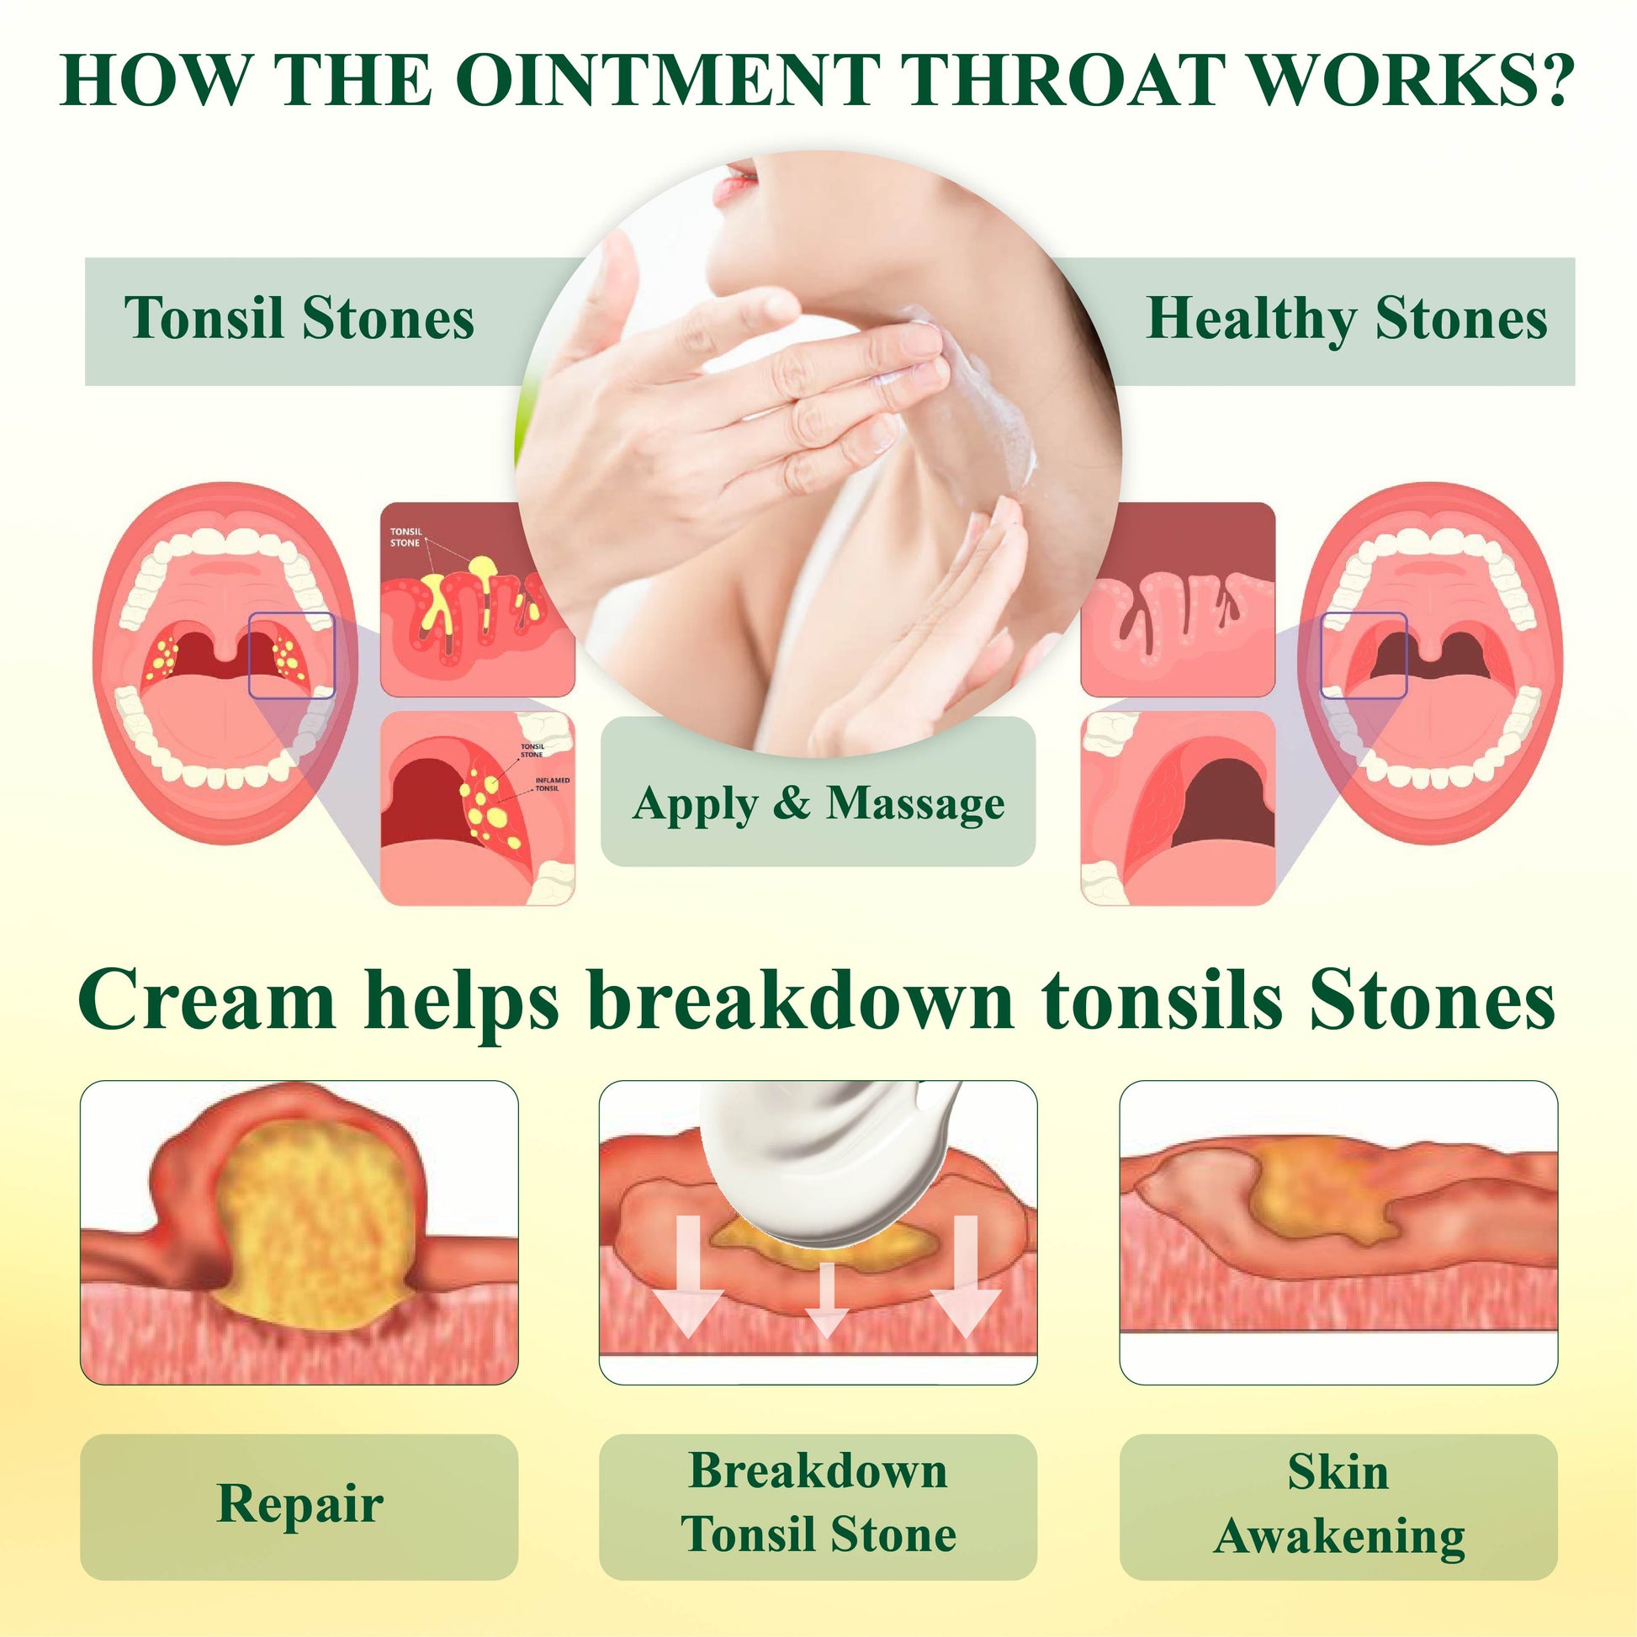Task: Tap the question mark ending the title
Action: pyautogui.click(x=1555, y=82)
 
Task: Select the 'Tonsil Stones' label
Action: pyautogui.click(x=299, y=319)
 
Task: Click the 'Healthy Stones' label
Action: pyautogui.click(x=1347, y=321)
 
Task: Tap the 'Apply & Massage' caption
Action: pyautogui.click(x=818, y=803)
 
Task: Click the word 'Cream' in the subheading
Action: pyautogui.click(x=207, y=1001)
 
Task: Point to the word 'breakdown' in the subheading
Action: pyautogui.click(x=801, y=1001)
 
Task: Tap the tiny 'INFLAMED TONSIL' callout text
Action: pyautogui.click(x=552, y=784)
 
